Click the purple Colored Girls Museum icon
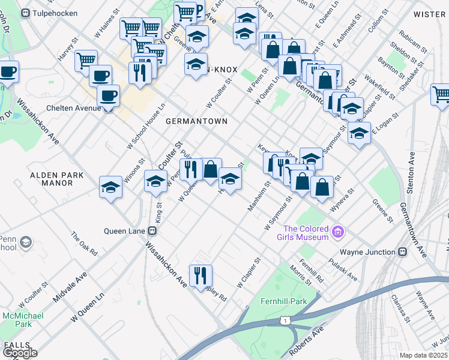point(338,231)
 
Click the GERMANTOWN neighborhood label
point(196,121)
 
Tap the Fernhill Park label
point(284,300)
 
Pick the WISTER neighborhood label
point(430,13)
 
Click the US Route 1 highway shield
point(283,322)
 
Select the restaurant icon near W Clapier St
point(200,275)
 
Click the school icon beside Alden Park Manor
point(111,188)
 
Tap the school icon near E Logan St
point(359,133)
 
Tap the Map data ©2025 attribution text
point(423,355)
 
